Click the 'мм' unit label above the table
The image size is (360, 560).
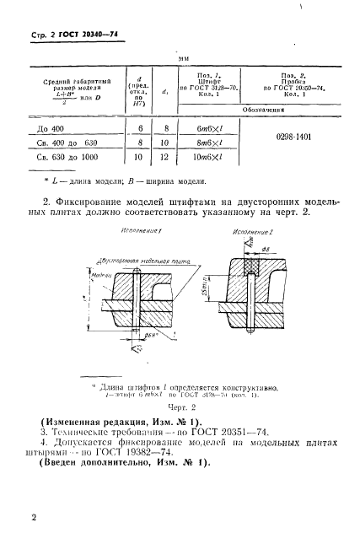tap(182, 59)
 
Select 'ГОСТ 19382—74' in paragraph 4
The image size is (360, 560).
tap(143, 462)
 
